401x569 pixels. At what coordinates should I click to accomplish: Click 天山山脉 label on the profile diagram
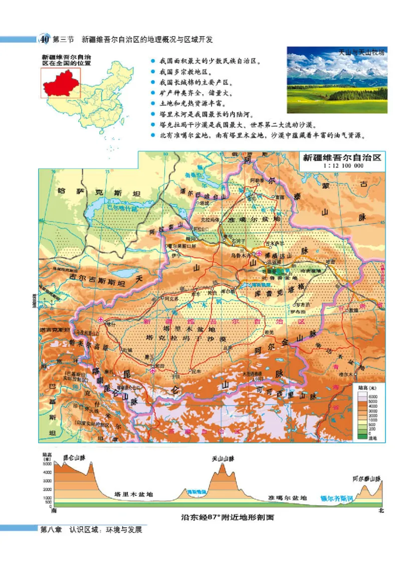coord(223,458)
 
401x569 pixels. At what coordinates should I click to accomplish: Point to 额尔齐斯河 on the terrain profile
coord(337,498)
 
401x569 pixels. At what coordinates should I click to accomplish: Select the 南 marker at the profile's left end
coord(54,511)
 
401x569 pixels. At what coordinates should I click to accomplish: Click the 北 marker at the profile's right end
coord(381,511)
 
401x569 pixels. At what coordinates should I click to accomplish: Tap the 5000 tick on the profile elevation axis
coord(48,464)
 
